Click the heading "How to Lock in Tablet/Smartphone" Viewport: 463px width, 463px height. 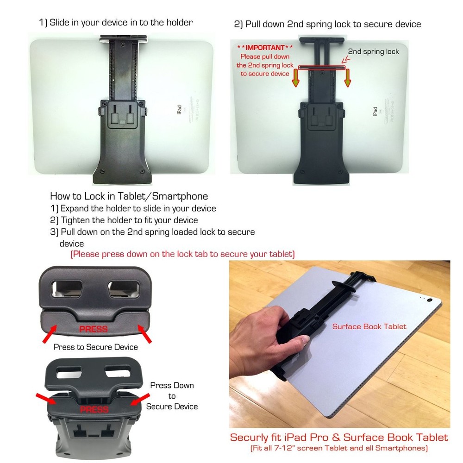point(129,196)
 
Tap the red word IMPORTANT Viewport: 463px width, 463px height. point(265,48)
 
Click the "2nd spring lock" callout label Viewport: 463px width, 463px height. point(373,51)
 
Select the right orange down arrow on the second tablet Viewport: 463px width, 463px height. point(347,79)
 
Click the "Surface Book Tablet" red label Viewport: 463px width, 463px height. point(369,326)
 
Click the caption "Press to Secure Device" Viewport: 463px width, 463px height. point(95,346)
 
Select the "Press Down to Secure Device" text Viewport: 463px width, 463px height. point(172,396)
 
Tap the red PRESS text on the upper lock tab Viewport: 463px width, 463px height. point(93,329)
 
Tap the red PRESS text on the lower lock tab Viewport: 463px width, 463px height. point(94,410)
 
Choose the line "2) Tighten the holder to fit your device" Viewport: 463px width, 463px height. point(124,220)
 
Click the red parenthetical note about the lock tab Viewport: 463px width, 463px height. point(182,254)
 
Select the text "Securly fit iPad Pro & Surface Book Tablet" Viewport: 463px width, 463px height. point(339,437)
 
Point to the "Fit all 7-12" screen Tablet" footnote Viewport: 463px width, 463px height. point(339,448)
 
